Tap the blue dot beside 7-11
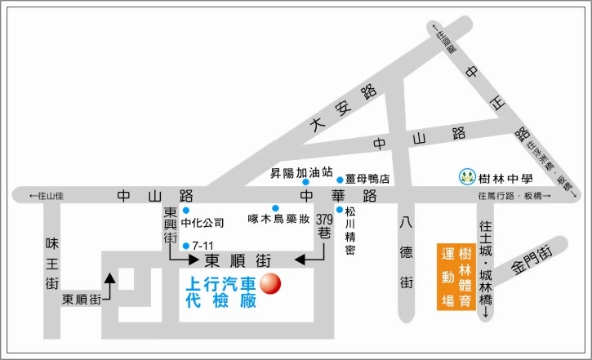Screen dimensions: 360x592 (x=187, y=245)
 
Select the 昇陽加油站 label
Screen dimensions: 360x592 (x=301, y=173)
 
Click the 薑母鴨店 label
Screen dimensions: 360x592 (x=367, y=179)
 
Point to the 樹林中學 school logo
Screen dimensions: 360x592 (x=466, y=176)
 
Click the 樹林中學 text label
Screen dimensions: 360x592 (x=505, y=177)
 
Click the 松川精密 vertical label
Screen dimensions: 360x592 (x=349, y=233)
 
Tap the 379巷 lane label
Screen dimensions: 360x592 (x=324, y=227)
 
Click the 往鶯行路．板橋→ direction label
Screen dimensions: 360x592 (x=515, y=196)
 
